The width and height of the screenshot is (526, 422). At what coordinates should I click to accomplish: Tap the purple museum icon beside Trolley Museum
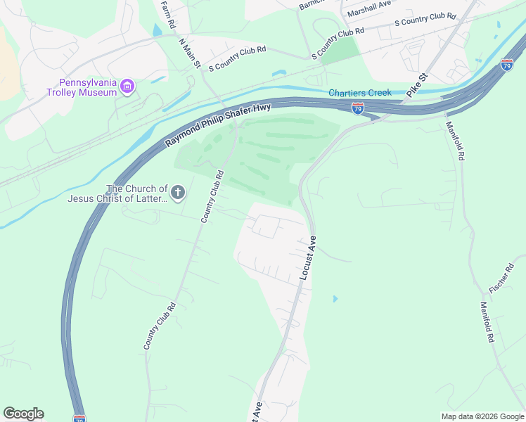point(127,87)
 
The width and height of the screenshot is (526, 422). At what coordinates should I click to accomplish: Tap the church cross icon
point(178,192)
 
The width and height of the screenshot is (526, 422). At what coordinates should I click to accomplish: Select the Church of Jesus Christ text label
point(117,193)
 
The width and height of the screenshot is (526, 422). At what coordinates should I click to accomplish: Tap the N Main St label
point(190,53)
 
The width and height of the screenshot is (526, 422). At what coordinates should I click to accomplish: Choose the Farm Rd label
point(167,14)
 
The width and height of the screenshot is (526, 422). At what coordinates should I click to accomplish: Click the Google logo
point(23,414)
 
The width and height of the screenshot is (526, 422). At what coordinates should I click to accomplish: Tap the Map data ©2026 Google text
point(482,416)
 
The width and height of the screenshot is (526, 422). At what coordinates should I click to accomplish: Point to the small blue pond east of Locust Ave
point(335,299)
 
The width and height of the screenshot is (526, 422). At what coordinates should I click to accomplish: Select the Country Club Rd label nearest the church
point(212,197)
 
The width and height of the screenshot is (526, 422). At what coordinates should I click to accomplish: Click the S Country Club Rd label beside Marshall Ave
point(425,19)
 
